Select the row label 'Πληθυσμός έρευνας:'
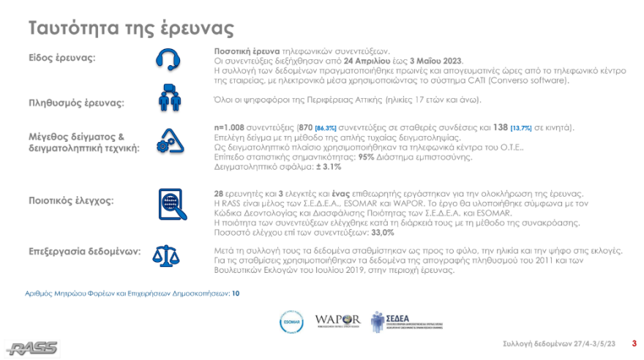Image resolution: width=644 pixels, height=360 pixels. [x=76, y=102]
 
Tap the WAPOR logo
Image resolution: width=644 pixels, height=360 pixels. [x=337, y=320]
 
